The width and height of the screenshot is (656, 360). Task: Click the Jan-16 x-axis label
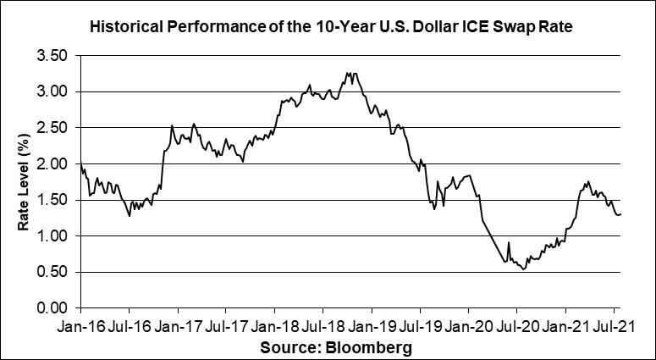click(82, 324)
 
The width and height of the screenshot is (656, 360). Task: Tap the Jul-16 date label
click(130, 324)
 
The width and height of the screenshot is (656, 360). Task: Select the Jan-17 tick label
click(179, 324)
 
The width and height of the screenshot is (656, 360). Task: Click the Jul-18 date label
click(326, 324)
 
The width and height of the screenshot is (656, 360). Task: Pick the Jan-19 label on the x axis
click(375, 324)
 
